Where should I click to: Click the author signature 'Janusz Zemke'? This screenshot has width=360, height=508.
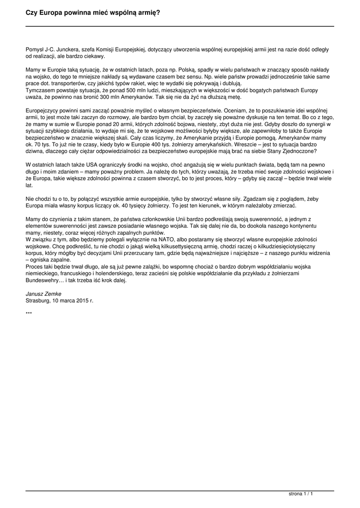point(40,294)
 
